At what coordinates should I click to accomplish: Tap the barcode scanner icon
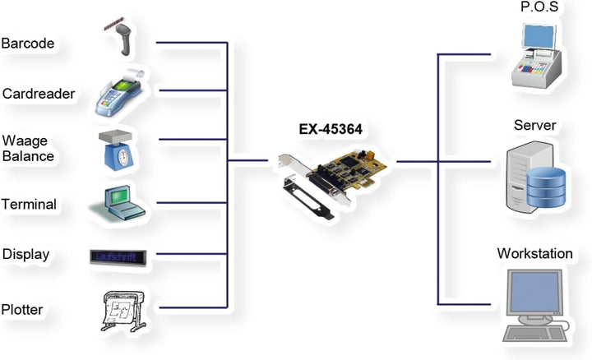pos(120,38)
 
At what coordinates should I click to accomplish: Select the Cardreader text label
pos(39,94)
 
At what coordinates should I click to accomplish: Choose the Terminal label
pos(30,204)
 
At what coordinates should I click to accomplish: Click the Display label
pos(25,255)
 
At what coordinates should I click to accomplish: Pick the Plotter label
pos(22,309)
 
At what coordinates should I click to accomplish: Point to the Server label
pos(535,126)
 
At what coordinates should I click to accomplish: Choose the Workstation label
pos(534,253)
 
